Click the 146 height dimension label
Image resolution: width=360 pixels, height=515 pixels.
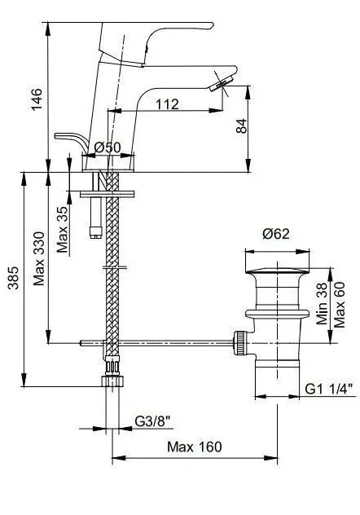37,99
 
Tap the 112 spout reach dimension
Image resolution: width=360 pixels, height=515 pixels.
167,104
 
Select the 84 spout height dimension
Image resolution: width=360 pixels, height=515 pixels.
242,126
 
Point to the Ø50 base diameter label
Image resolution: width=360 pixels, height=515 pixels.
108,147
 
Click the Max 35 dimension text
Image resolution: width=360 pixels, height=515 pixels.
63,229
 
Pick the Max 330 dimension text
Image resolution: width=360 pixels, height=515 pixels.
39,259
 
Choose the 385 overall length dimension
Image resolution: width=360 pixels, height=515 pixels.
14,278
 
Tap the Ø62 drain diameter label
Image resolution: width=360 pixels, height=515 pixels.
276,234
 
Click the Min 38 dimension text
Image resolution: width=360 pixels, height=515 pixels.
323,303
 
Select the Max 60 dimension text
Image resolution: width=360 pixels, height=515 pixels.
340,305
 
